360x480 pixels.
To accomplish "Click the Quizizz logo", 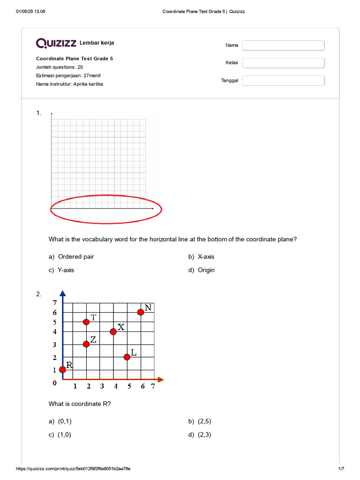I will pos(56,44).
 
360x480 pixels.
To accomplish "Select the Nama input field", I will pos(283,45).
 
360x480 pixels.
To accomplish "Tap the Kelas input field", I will pos(283,63).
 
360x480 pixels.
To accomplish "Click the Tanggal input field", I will pos(283,81).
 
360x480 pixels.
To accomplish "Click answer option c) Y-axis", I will pos(66,270).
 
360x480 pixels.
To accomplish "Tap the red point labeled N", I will pos(140,312).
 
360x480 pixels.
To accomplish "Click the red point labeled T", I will pos(86,322).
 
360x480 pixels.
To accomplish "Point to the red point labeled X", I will pos(113,331).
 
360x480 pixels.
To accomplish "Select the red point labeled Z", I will pos(86,344).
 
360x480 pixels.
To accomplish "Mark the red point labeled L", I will pos(127,357).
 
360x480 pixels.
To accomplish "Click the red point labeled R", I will pos(63,369).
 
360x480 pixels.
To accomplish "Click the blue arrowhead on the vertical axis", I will pos(63,294).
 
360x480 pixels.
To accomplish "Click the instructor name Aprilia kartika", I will pos(88,84).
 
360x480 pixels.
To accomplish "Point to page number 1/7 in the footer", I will pos(341,469).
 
